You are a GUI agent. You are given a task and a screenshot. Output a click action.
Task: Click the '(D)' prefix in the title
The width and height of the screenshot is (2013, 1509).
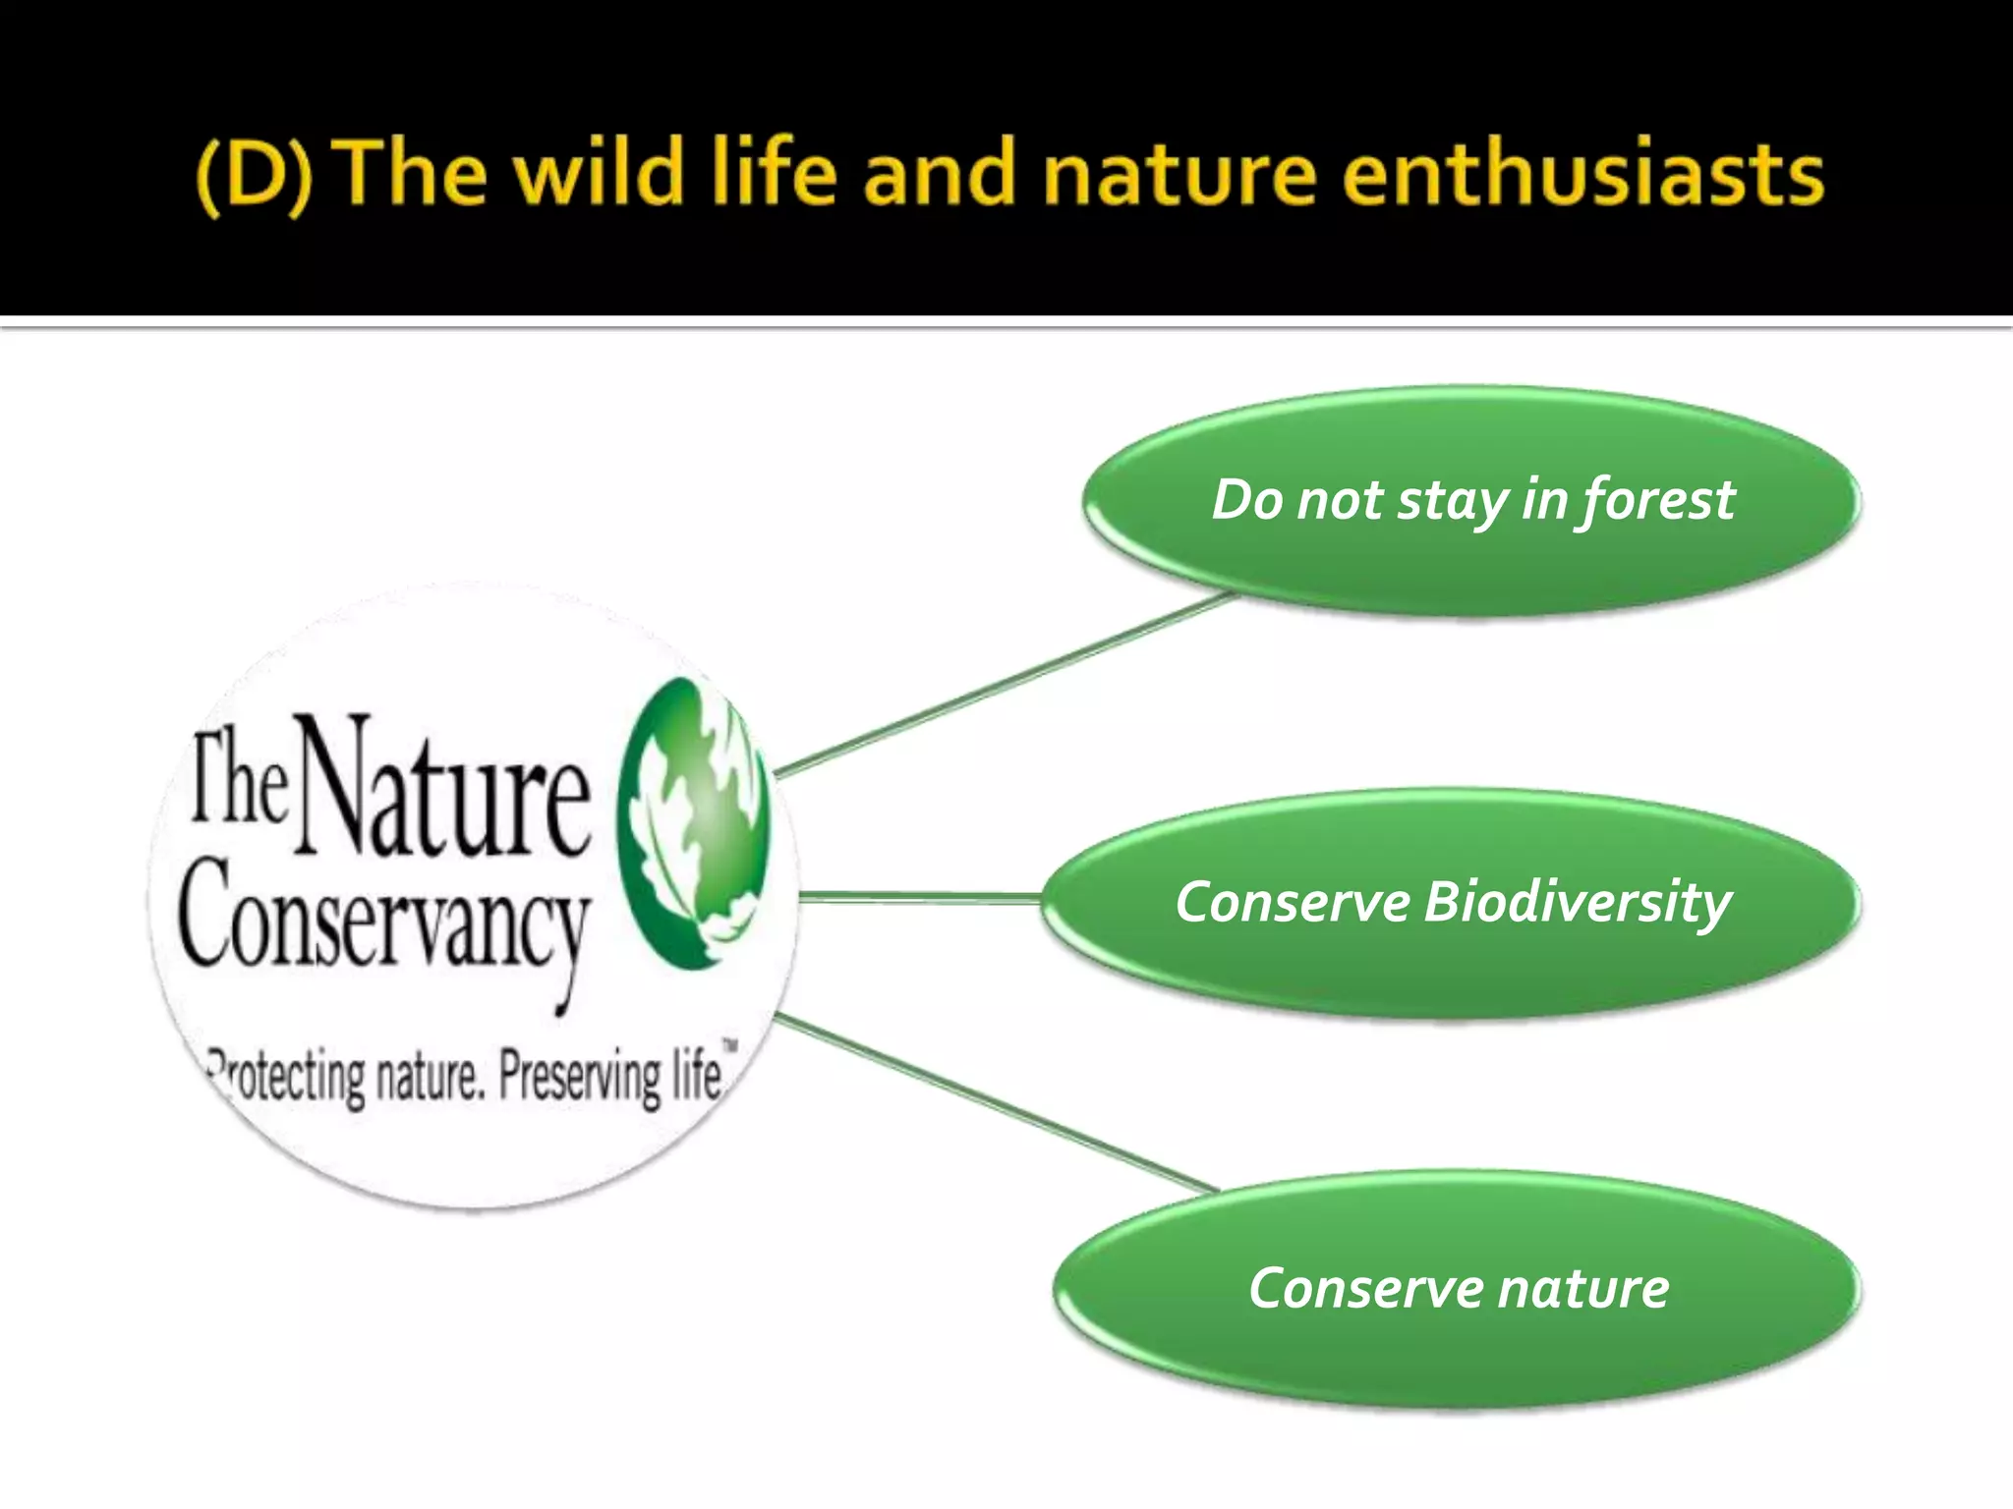click(x=254, y=175)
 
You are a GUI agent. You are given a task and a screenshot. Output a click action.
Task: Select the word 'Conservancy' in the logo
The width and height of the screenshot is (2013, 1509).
click(x=383, y=919)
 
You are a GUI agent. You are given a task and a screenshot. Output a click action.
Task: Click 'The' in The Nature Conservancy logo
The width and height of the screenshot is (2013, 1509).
click(x=239, y=776)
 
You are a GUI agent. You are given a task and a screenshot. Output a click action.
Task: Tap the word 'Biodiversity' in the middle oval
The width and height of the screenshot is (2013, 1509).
click(x=1577, y=902)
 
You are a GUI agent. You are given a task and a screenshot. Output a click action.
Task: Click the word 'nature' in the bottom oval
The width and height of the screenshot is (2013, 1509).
click(x=1582, y=1288)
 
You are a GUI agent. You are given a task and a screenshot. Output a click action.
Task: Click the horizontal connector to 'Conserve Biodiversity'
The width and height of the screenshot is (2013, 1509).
click(x=919, y=896)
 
